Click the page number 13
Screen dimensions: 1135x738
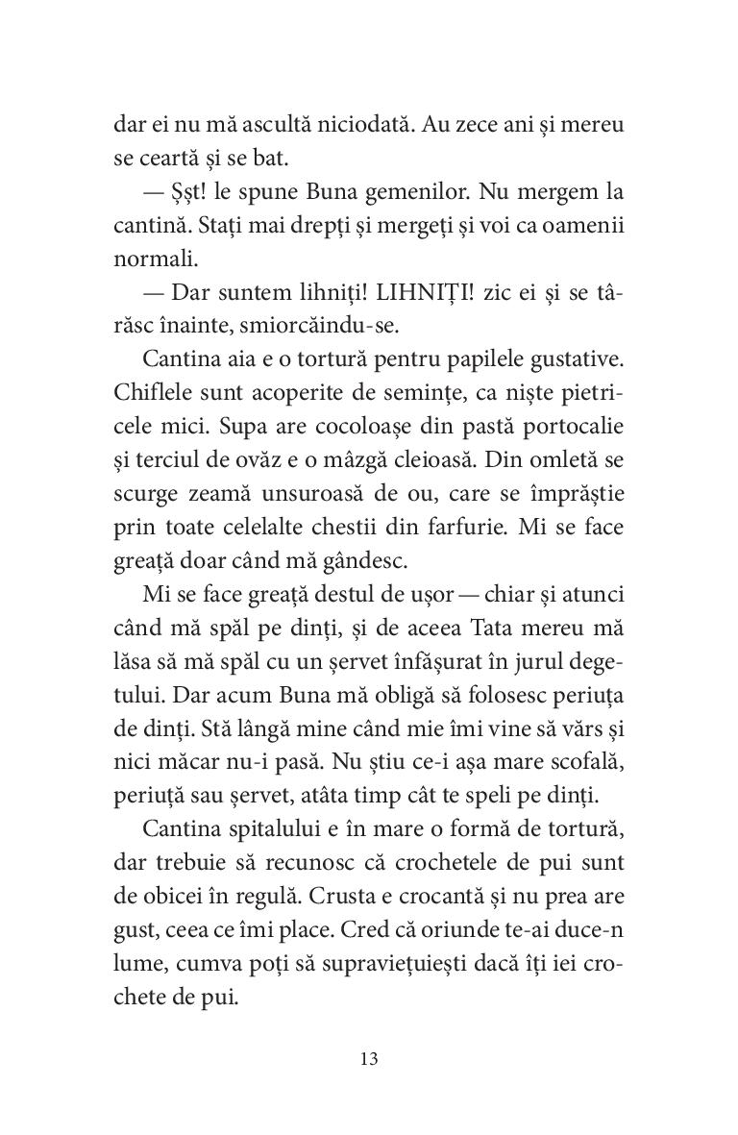pos(369,1059)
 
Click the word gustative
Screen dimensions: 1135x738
pos(576,359)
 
